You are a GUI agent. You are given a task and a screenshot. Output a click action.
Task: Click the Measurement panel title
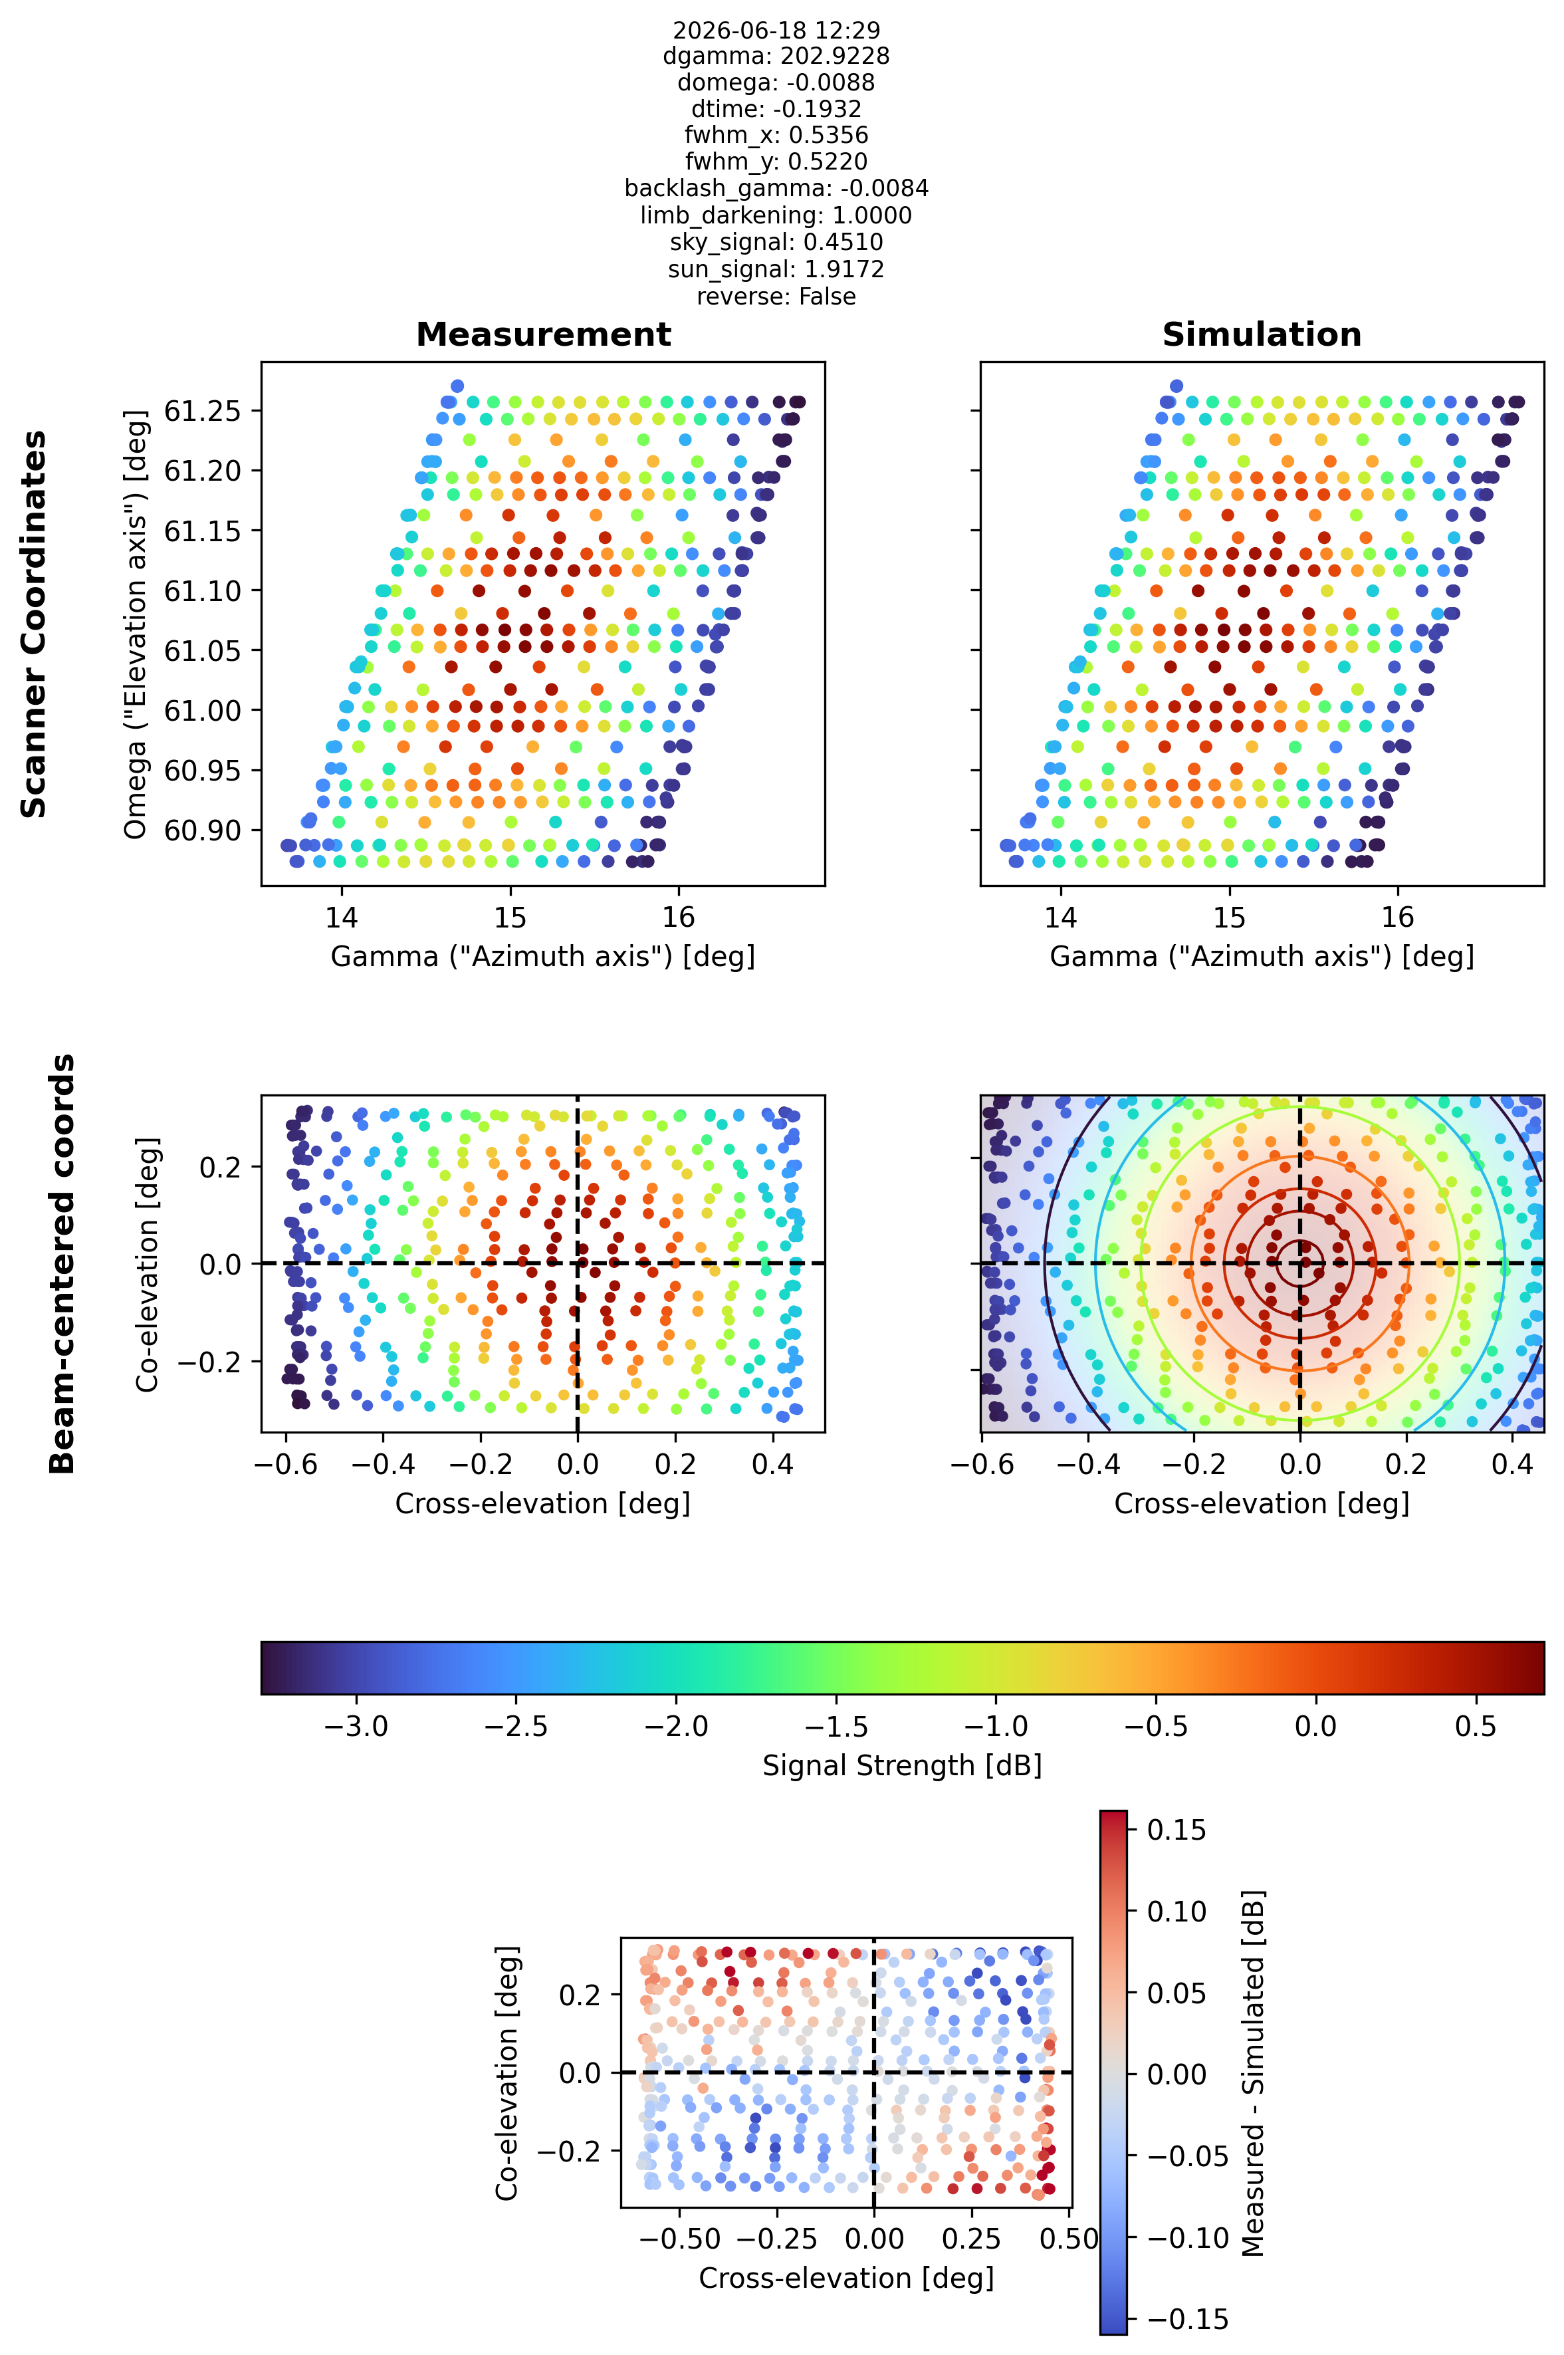coord(544,334)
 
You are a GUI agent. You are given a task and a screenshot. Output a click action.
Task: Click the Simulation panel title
coord(1262,334)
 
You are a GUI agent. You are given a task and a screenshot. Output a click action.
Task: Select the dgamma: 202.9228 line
coord(776,56)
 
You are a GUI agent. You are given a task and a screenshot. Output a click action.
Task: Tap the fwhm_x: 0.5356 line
coord(776,135)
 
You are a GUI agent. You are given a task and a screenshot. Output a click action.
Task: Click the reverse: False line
coord(776,297)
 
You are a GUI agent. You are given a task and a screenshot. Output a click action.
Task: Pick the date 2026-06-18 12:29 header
coord(776,30)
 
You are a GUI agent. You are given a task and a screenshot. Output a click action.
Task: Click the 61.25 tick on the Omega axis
coord(203,411)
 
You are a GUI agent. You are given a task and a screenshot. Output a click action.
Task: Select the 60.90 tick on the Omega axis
coord(203,830)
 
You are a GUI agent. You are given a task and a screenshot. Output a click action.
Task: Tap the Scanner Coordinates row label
coord(34,624)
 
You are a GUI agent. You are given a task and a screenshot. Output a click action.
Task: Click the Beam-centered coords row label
coord(62,1264)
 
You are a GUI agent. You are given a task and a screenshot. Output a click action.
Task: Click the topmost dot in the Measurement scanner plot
coord(457,386)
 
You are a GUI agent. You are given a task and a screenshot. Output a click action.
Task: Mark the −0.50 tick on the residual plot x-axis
coord(679,2239)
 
